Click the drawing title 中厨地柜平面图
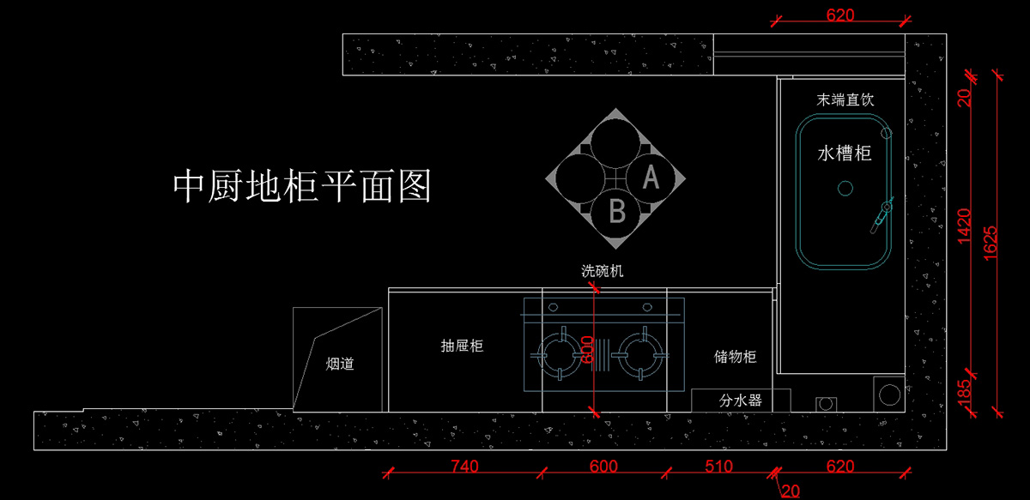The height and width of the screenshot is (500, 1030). click(x=302, y=185)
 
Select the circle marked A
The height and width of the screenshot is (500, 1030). click(x=651, y=178)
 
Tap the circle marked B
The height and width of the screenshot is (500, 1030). click(x=617, y=211)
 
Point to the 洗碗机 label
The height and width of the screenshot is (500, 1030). click(x=603, y=271)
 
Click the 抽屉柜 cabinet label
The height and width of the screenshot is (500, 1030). click(x=462, y=346)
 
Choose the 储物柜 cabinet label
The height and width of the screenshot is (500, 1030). click(x=735, y=357)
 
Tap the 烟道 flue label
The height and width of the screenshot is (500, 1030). click(x=340, y=364)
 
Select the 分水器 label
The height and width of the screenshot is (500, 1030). click(x=740, y=401)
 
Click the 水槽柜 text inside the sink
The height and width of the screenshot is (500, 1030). click(x=845, y=154)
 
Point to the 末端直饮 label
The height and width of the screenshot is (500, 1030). click(x=845, y=100)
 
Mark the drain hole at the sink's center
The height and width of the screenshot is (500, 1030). click(x=845, y=188)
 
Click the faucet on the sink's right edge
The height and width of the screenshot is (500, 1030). click(x=882, y=214)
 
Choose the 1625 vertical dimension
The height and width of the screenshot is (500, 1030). click(x=991, y=243)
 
